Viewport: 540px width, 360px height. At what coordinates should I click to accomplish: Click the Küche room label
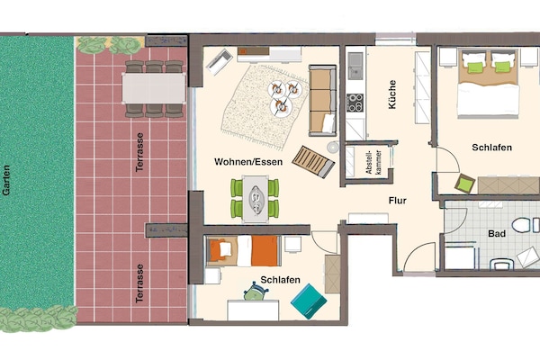[x=392, y=94]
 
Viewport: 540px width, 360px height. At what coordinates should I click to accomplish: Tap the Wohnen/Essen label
[x=248, y=162]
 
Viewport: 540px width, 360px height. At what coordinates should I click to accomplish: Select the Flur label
[x=398, y=201]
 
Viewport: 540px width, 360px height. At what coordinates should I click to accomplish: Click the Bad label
[x=497, y=234]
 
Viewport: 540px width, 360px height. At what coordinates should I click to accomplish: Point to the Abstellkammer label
[x=373, y=162]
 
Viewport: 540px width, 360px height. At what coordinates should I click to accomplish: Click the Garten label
[x=6, y=180]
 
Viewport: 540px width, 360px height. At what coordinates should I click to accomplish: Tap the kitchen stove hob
[x=355, y=103]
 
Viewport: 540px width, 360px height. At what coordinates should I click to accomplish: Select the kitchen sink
[x=355, y=66]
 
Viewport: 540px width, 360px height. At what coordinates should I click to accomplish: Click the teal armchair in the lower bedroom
[x=309, y=301]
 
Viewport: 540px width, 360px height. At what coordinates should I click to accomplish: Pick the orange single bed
[x=244, y=251]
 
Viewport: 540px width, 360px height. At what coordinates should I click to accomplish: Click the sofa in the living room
[x=322, y=100]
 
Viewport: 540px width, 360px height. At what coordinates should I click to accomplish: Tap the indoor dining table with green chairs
[x=256, y=199]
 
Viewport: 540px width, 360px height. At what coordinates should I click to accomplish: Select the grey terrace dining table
[x=154, y=88]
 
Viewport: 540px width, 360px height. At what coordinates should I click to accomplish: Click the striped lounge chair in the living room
[x=313, y=162]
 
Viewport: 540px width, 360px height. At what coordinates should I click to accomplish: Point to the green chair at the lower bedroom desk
[x=256, y=292]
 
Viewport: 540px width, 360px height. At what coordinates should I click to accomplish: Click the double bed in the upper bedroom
[x=488, y=84]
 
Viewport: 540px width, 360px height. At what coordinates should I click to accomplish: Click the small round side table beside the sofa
[x=333, y=148]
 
